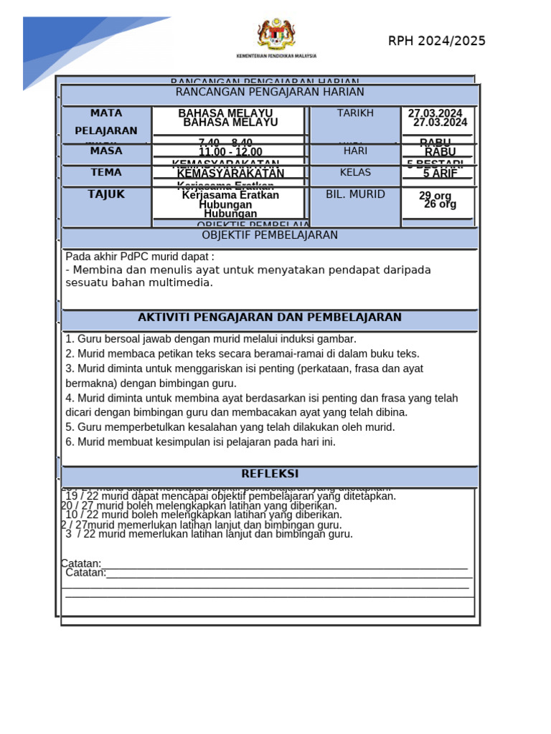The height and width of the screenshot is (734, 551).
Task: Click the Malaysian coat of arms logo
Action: pos(275,34)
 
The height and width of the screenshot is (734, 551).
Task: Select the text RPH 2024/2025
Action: pos(437,41)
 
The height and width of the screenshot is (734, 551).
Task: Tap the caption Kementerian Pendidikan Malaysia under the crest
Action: pos(276,55)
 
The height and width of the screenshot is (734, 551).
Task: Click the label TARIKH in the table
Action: pos(355,113)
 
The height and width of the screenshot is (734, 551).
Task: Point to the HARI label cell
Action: pos(355,151)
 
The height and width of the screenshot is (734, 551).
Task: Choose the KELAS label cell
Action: pos(355,173)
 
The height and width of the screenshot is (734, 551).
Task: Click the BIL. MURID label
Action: pos(355,194)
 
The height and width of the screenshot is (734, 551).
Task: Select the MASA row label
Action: pos(106,151)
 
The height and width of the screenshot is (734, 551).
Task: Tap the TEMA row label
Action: pos(106,173)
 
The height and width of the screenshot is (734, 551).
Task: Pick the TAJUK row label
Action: pos(106,194)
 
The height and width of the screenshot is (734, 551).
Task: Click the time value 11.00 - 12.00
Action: pos(230,153)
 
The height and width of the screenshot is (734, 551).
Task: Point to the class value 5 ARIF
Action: pos(441,173)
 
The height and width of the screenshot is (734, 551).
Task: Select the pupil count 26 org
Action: pos(440,204)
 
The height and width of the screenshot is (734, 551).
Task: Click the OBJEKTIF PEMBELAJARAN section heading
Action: pos(270,235)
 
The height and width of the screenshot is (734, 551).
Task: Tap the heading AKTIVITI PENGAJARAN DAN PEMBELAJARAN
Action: pos(270,318)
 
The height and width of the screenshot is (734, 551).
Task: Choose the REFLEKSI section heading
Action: pos(270,474)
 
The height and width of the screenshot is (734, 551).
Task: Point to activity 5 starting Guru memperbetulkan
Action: pos(230,427)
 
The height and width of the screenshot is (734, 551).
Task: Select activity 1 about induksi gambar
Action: pos(211,339)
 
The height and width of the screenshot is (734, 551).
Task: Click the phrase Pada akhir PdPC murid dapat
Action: pos(140,257)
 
